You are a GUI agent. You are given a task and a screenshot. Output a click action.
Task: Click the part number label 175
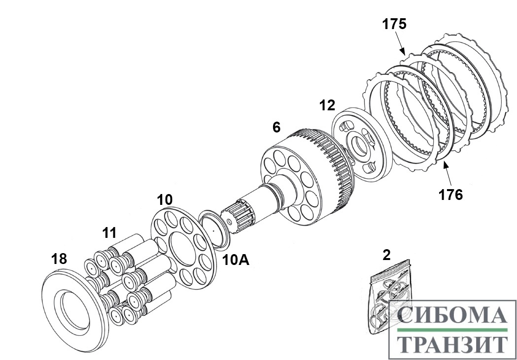pos(394,24)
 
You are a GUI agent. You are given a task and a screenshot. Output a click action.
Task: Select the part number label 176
pos(451,195)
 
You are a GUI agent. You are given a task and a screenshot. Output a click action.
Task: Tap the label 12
pos(327,104)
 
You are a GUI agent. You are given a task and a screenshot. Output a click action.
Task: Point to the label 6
pos(277,127)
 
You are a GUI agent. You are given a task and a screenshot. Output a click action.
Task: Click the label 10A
pos(235,259)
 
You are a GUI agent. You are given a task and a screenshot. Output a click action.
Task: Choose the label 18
pos(59,259)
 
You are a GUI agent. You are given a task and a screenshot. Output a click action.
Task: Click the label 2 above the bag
pos(386,255)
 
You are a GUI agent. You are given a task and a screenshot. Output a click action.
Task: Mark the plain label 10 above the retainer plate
pos(165,200)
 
